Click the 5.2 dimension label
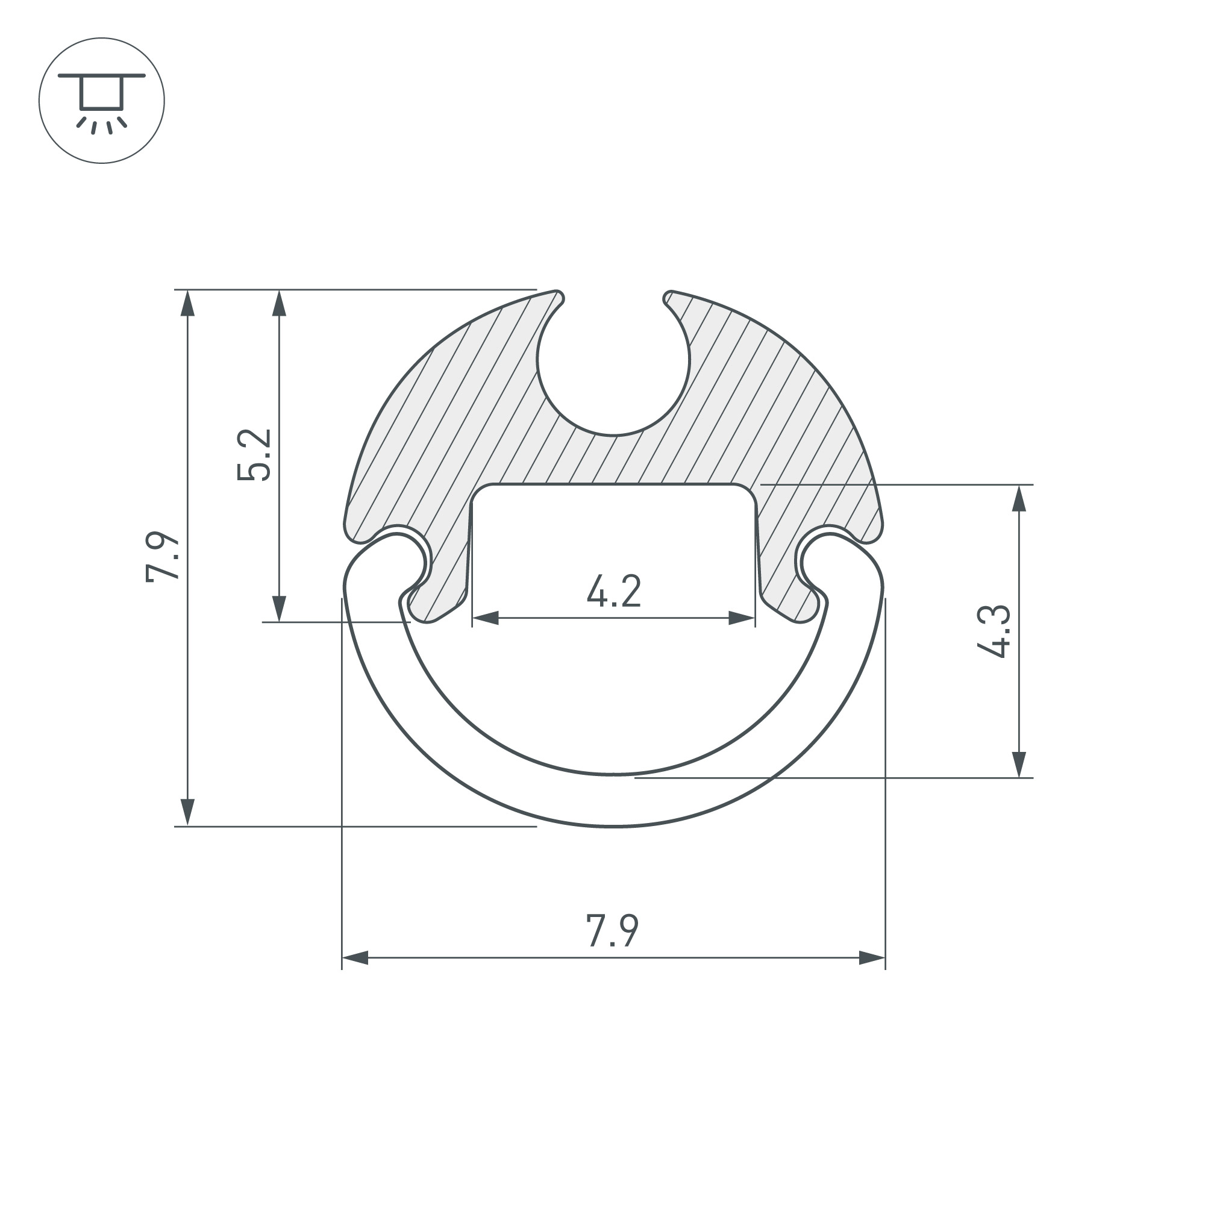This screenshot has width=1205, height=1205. [254, 454]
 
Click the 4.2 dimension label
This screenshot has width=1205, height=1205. [614, 592]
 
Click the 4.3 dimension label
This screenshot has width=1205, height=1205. [993, 631]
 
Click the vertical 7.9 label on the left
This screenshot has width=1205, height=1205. [163, 557]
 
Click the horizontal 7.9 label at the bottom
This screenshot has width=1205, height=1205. [613, 931]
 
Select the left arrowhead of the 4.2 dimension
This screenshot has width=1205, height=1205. [486, 618]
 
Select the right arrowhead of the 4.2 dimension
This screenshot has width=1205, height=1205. [742, 618]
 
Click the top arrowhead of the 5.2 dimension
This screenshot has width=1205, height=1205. [280, 304]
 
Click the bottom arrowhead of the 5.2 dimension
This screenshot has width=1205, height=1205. [280, 608]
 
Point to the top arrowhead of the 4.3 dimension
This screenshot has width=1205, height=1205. [1019, 499]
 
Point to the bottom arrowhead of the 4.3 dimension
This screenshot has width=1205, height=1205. [1019, 764]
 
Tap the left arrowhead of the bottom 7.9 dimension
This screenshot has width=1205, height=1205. [355, 958]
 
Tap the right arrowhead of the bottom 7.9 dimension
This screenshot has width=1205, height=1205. [871, 958]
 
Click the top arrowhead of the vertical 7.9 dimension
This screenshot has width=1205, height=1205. [188, 304]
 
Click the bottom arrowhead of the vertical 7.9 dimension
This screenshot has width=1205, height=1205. [188, 812]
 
